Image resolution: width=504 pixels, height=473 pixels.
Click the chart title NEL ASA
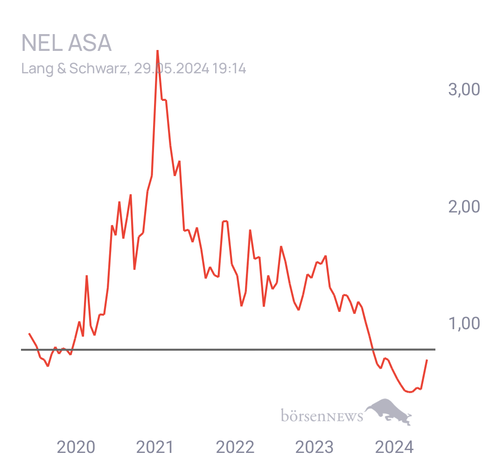[66, 43]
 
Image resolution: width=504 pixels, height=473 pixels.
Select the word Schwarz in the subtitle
[98, 68]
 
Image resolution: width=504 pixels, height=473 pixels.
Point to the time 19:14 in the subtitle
[229, 69]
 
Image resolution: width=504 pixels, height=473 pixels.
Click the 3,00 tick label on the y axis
[464, 89]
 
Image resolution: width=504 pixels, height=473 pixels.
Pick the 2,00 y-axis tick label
[464, 206]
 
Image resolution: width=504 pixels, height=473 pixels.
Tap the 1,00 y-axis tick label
[464, 323]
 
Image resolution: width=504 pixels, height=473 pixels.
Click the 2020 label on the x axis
[76, 447]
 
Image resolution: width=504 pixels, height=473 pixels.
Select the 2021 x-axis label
[155, 447]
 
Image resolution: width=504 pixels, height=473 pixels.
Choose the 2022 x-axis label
[235, 447]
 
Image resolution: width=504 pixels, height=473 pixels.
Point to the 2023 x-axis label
[315, 447]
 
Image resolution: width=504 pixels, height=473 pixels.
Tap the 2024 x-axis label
[394, 447]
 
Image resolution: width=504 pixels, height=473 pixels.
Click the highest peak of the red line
[158, 51]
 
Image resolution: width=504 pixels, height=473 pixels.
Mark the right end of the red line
[427, 360]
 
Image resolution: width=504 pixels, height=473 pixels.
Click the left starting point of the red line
[29, 334]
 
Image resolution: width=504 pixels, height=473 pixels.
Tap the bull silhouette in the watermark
[388, 411]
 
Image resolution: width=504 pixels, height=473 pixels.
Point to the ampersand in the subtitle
[62, 69]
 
